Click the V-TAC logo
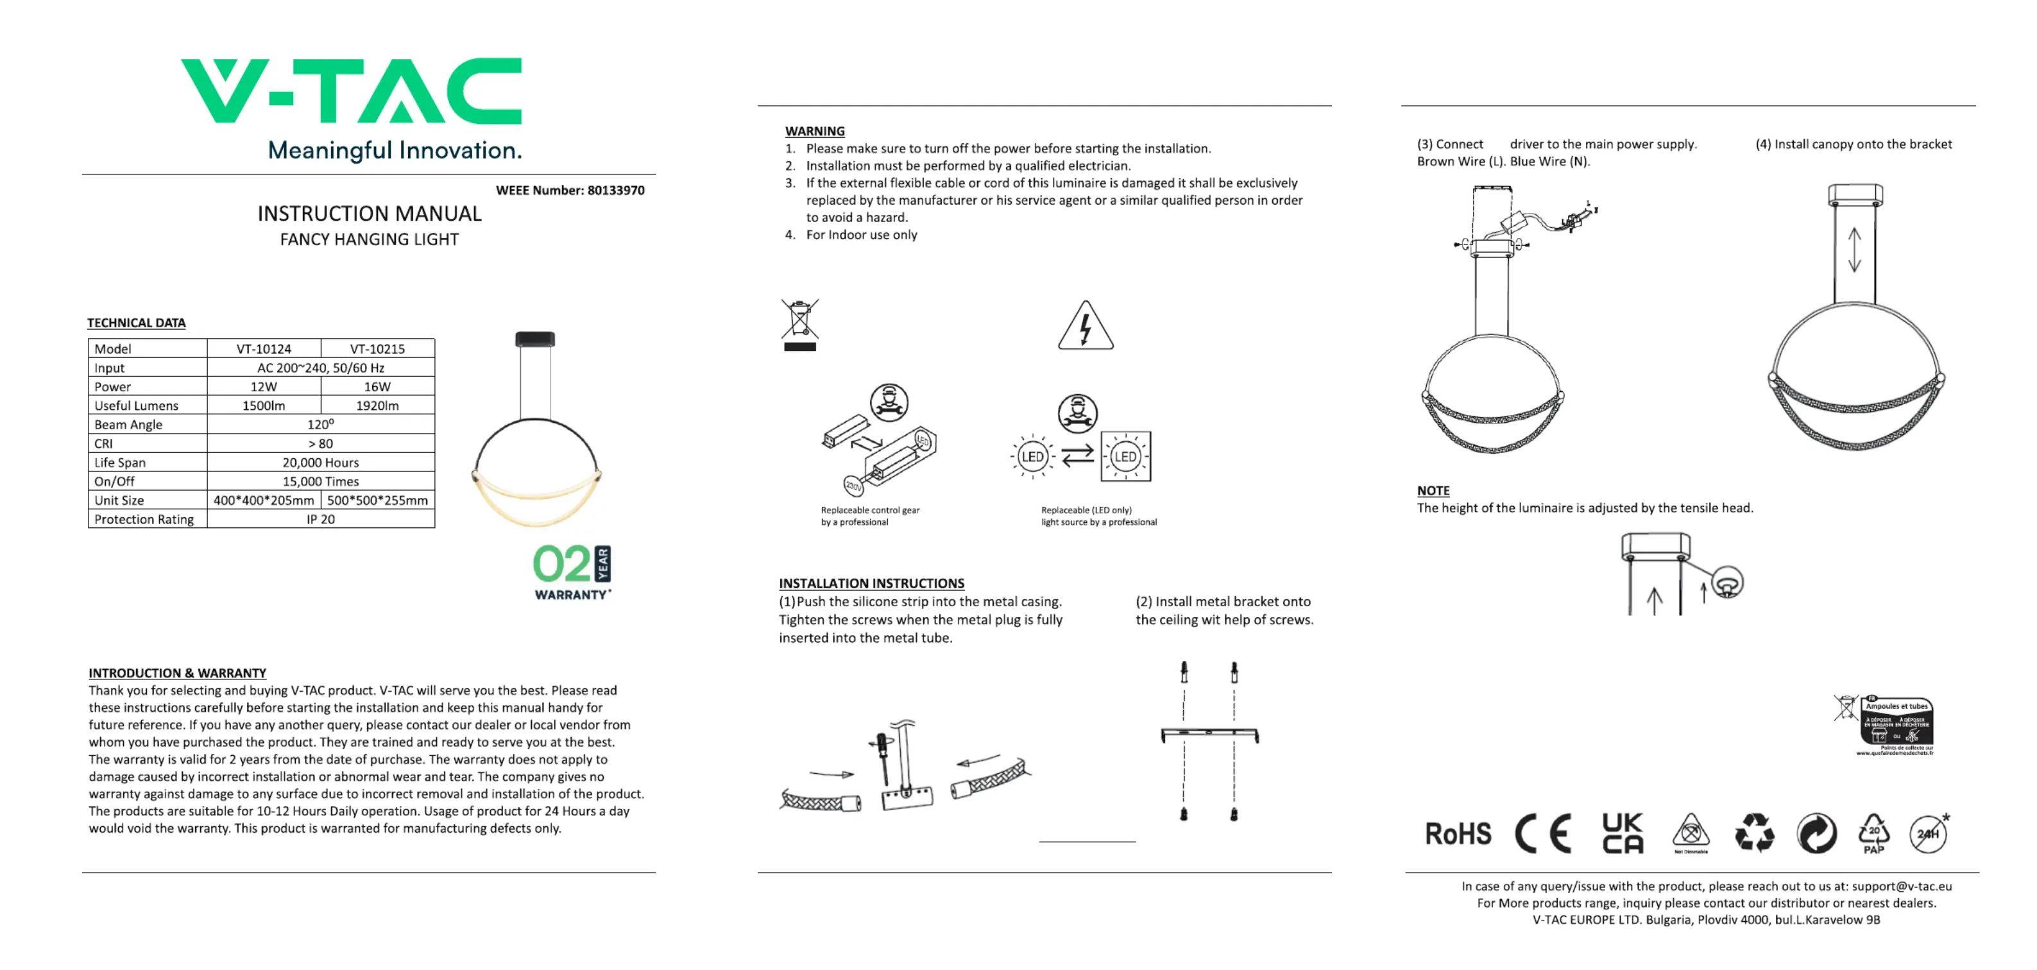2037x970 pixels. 352,91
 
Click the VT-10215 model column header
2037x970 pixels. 377,348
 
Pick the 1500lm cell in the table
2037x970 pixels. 263,405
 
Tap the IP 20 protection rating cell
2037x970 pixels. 320,520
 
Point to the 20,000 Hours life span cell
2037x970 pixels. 320,463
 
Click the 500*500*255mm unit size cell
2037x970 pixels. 377,500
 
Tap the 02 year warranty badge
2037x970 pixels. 572,572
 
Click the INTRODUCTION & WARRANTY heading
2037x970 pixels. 177,673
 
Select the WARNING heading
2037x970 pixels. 815,132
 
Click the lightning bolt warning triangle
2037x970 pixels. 1086,327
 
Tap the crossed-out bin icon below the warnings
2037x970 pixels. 799,323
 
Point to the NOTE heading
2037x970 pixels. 1433,491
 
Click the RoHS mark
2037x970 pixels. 1458,833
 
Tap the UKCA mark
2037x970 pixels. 1622,833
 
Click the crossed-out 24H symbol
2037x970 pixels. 1929,834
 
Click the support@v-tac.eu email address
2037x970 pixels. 1901,886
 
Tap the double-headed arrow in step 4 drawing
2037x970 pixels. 1854,249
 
